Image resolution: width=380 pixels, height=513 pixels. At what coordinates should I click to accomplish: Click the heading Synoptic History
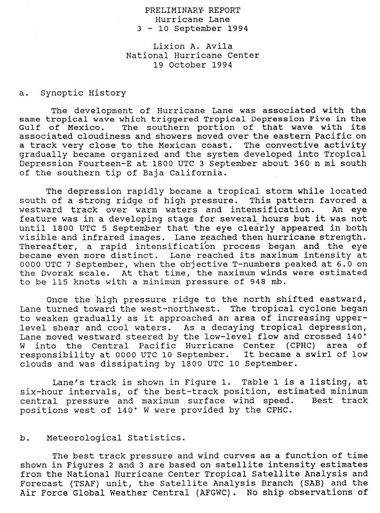(x=83, y=93)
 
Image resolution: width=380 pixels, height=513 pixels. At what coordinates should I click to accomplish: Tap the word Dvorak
(x=55, y=273)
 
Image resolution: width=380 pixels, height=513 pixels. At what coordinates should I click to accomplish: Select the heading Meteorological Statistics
(x=116, y=438)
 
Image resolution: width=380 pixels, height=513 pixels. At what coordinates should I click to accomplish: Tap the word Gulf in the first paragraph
(x=30, y=128)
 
